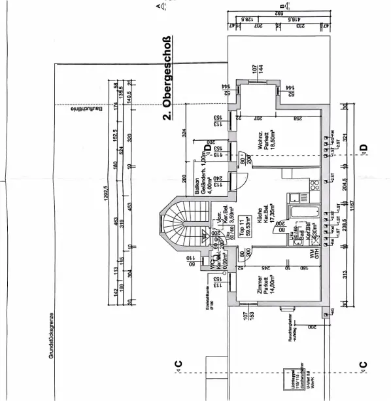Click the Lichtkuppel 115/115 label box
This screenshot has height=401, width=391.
coord(285,378)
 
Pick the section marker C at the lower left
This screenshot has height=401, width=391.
coord(178,364)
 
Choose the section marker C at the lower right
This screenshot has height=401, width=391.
coord(363,364)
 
